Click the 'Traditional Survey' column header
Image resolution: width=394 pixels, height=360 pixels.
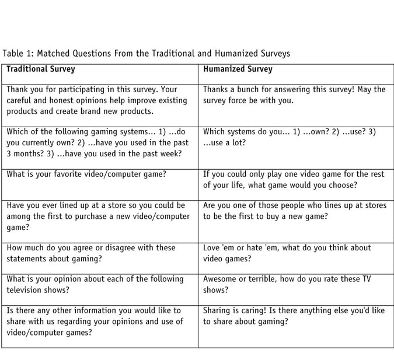pos(41,69)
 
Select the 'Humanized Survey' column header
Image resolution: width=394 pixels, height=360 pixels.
pos(238,69)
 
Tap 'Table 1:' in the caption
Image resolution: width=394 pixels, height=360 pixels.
pos(18,54)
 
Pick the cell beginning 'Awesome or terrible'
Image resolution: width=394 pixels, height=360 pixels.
pos(295,285)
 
